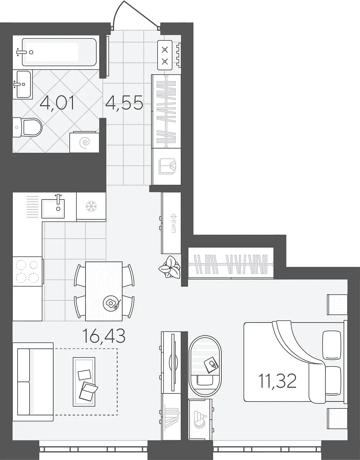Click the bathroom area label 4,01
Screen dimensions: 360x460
click(57, 103)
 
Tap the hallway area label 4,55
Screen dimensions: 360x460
click(124, 103)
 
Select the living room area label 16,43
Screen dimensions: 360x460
click(104, 336)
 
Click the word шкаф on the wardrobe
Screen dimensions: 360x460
click(174, 224)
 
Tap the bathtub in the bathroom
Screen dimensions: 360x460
click(59, 52)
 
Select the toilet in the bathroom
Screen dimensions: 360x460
click(28, 127)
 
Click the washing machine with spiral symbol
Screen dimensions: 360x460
click(84, 142)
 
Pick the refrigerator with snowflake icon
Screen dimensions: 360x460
click(91, 207)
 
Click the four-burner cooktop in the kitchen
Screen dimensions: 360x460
click(28, 272)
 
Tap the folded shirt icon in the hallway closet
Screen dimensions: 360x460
click(167, 166)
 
